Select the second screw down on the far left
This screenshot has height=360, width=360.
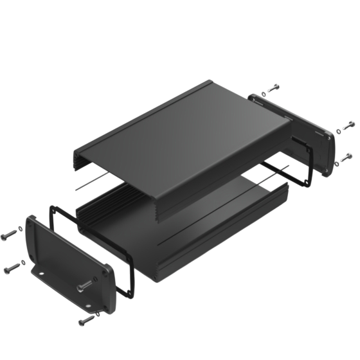point(13,265)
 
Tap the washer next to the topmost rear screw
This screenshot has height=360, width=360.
point(264,94)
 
